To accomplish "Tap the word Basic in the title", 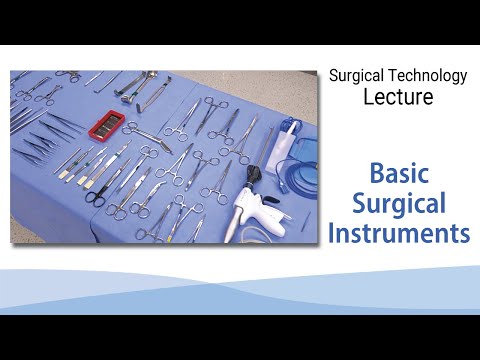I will (398, 174).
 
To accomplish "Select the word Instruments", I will (398, 234).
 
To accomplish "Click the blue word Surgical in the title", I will (398, 204).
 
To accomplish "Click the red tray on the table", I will (107, 127).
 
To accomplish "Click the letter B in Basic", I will (377, 174).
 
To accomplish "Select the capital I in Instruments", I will (332, 234).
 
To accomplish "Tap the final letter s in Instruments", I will (464, 236).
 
